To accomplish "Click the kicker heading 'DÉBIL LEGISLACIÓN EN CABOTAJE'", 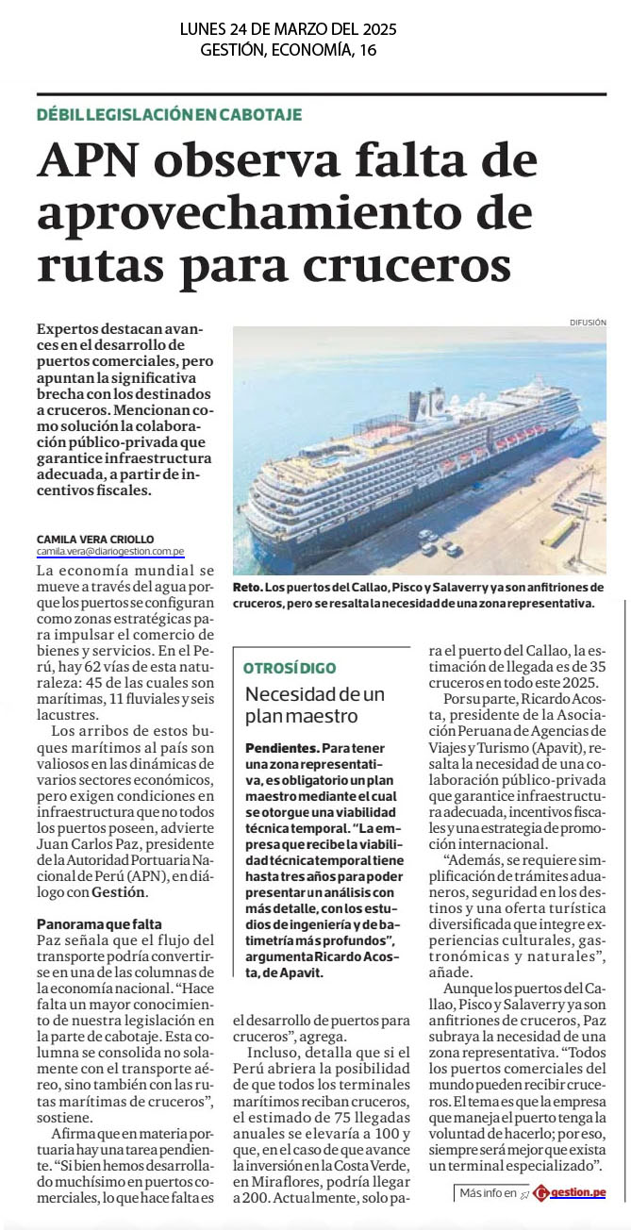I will click(x=169, y=114).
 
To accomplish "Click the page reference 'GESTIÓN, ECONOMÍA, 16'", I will click(x=288, y=50).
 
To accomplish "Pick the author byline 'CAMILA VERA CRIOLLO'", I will click(x=94, y=540).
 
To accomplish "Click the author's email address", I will click(x=110, y=551).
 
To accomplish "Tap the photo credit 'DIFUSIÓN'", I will click(x=587, y=323).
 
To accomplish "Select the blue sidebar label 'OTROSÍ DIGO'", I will click(x=290, y=668).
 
